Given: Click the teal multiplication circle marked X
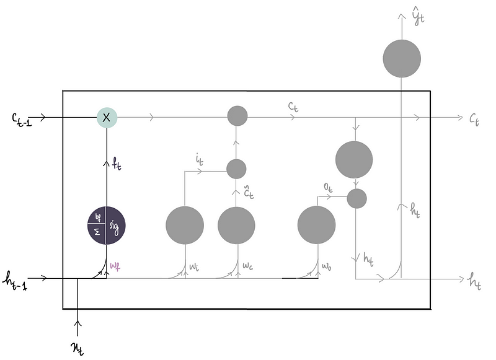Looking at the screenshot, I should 107,116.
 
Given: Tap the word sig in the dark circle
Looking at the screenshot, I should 115,226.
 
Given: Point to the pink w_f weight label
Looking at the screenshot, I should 115,268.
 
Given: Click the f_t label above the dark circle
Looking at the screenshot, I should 116,165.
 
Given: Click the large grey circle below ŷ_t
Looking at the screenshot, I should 402,59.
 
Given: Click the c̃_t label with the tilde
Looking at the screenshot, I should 247,192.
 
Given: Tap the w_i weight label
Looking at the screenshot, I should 195,268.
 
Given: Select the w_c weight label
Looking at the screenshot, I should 247,268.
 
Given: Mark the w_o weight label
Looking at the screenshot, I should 327,268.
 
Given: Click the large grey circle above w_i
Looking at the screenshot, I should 185,226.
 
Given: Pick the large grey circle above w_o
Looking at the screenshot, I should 317,226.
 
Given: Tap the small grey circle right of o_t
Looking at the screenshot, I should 356,198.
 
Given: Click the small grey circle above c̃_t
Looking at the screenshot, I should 236,169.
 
